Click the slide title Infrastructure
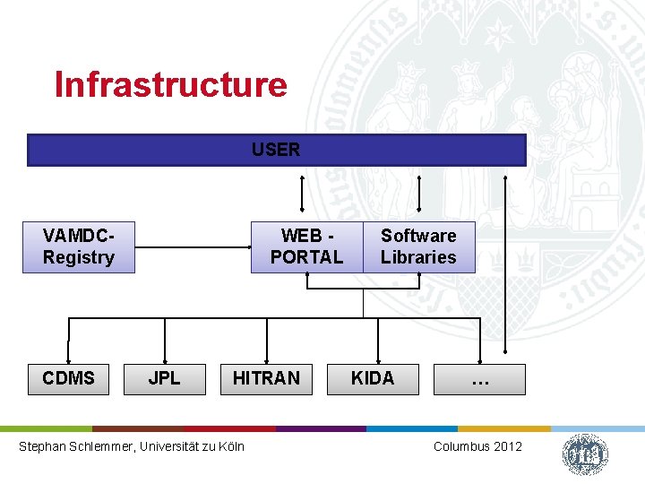pyautogui.click(x=170, y=84)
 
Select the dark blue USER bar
pyautogui.click(x=276, y=150)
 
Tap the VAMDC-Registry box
pyautogui.click(x=79, y=246)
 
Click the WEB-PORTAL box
pyautogui.click(x=306, y=246)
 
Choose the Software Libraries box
pyautogui.click(x=418, y=246)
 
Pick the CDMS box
pyautogui.click(x=68, y=378)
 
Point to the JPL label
pyautogui.click(x=164, y=378)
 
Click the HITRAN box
pyautogui.click(x=266, y=378)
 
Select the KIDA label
pyautogui.click(x=373, y=378)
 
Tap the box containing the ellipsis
pyautogui.click(x=480, y=379)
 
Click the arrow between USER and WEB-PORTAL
pyautogui.click(x=302, y=193)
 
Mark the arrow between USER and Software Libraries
pyautogui.click(x=419, y=193)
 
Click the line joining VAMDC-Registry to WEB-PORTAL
pyautogui.click(x=192, y=246)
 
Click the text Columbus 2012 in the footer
pyautogui.click(x=477, y=446)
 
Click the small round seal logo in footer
pyautogui.click(x=585, y=454)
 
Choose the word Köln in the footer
pyautogui.click(x=230, y=446)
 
